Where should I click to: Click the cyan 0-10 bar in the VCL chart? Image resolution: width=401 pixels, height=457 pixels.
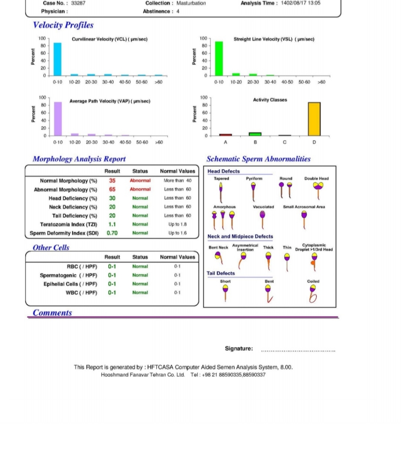[57, 59]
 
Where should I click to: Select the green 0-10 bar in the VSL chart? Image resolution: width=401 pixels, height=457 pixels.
[219, 58]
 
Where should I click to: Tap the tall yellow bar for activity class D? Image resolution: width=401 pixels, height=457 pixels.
[314, 119]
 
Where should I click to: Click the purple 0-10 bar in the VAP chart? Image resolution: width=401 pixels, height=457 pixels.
[58, 119]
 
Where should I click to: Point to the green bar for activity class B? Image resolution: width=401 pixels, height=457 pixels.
[255, 134]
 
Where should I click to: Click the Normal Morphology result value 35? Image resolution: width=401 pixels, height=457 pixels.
[112, 181]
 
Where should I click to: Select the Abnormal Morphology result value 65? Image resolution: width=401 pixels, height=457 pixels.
[112, 189]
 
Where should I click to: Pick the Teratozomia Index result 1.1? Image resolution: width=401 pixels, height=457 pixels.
[112, 224]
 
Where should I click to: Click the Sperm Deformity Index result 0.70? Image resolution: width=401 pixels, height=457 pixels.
[112, 233]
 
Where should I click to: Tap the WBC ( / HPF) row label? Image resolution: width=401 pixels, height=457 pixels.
[81, 293]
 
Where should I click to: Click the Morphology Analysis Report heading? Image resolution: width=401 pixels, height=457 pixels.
[79, 159]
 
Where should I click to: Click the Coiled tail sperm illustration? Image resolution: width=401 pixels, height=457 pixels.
[313, 294]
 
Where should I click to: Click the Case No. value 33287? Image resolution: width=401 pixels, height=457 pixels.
[78, 3]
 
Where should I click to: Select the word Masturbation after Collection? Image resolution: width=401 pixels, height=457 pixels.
[191, 3]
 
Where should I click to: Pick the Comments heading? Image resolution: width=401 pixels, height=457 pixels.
[52, 313]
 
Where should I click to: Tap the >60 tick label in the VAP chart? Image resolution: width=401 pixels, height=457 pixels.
[159, 142]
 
